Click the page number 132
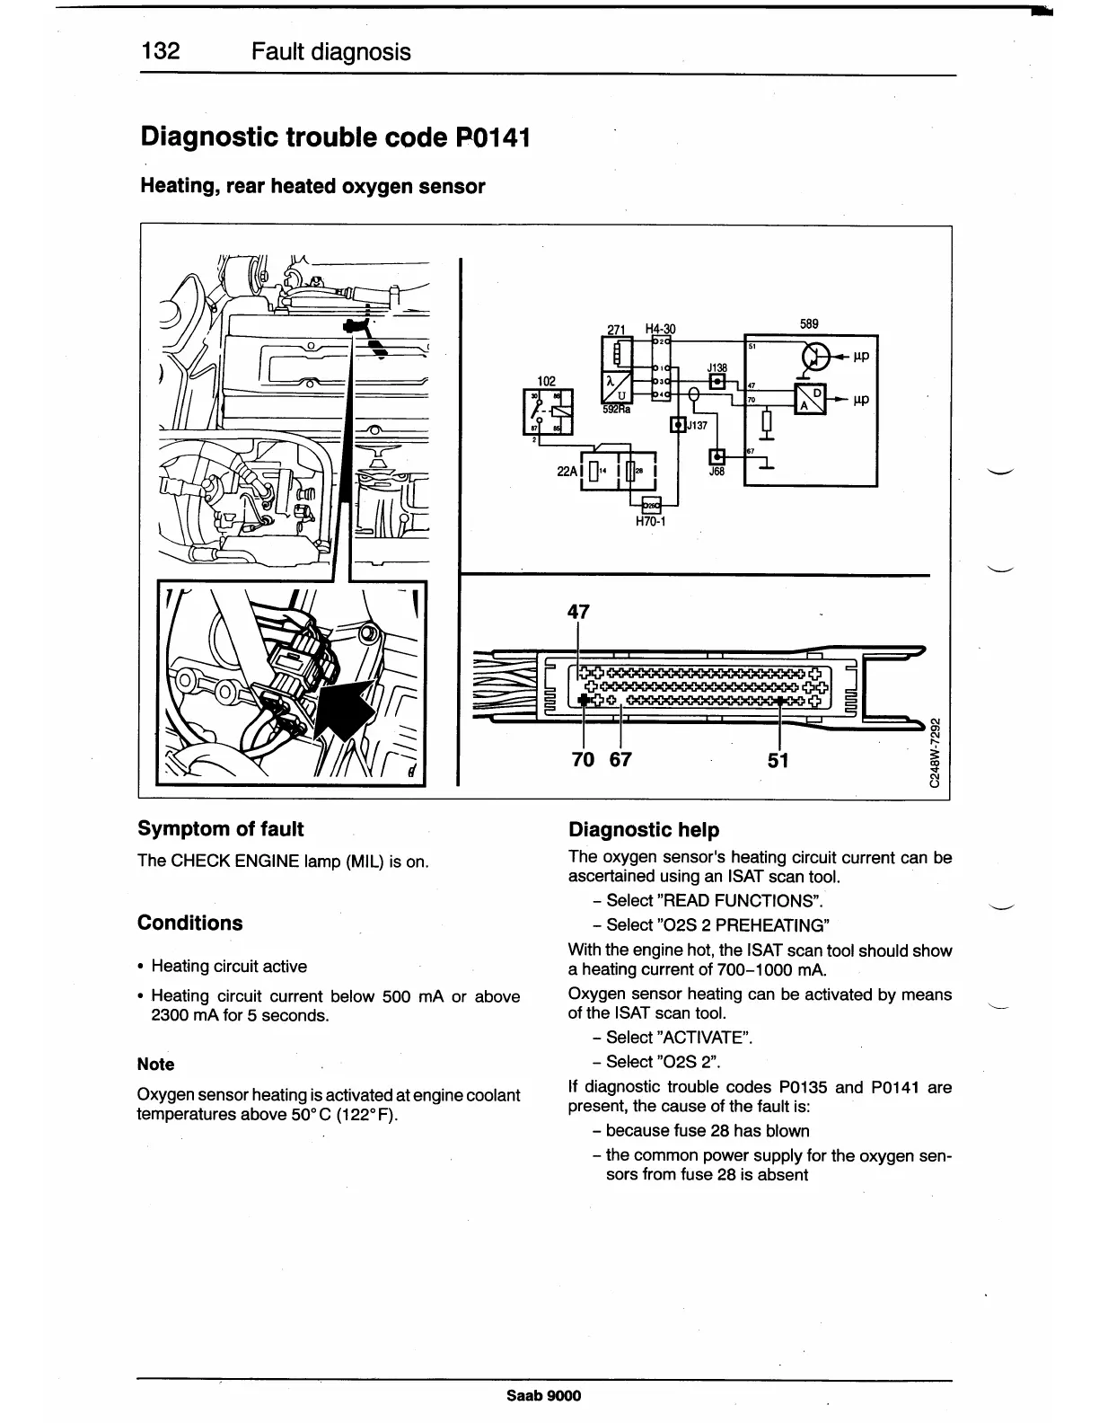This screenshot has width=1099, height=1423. pyautogui.click(x=161, y=51)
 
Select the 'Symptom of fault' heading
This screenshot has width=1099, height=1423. pyautogui.click(x=220, y=829)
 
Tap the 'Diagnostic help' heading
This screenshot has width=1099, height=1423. pyautogui.click(x=644, y=830)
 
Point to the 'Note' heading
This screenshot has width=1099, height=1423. pyautogui.click(x=155, y=1065)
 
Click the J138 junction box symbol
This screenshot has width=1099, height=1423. pyautogui.click(x=717, y=382)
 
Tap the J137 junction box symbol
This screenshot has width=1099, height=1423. pyautogui.click(x=679, y=425)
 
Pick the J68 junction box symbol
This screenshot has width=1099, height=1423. pyautogui.click(x=717, y=456)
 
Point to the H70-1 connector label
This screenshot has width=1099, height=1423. pyautogui.click(x=650, y=521)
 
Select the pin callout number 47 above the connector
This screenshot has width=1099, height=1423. pyautogui.click(x=578, y=612)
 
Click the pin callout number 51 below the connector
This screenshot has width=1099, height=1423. pyautogui.click(x=778, y=760)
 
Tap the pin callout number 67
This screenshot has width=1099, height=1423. pyautogui.click(x=620, y=760)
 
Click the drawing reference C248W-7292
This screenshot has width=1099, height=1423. pyautogui.click(x=935, y=751)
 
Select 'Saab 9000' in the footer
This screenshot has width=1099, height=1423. pyautogui.click(x=543, y=1395)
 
